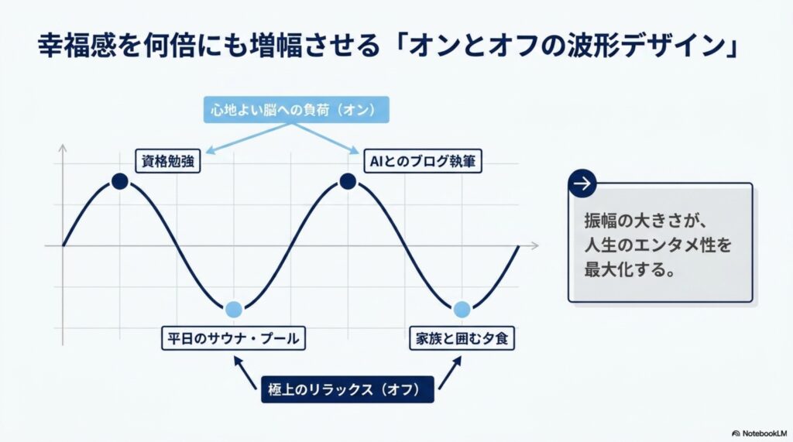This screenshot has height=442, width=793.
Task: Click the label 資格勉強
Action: [x=168, y=161]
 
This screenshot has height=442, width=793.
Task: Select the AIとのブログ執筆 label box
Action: [x=423, y=161]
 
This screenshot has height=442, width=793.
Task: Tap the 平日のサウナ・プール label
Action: [x=233, y=338]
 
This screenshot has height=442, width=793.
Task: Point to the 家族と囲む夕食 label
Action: [x=462, y=338]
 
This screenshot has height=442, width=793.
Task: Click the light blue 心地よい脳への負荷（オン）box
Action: [x=297, y=110]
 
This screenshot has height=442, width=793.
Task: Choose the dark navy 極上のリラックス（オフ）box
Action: [x=348, y=389]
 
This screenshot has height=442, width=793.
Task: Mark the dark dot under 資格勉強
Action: [x=120, y=181]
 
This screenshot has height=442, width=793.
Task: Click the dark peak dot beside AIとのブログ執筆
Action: [x=348, y=181]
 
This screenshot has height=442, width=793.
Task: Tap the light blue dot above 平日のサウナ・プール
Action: [x=234, y=309]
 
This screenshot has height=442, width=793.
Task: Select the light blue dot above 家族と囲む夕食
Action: [x=462, y=309]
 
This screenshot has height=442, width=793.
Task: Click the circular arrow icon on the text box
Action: [x=582, y=183]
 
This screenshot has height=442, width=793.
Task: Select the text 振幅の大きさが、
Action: [x=645, y=221]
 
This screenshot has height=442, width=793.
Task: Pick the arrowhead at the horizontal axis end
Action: [x=535, y=246]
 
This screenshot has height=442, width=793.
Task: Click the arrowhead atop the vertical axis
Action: [x=63, y=148]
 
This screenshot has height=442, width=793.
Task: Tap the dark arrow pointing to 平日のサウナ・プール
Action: [x=244, y=372]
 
